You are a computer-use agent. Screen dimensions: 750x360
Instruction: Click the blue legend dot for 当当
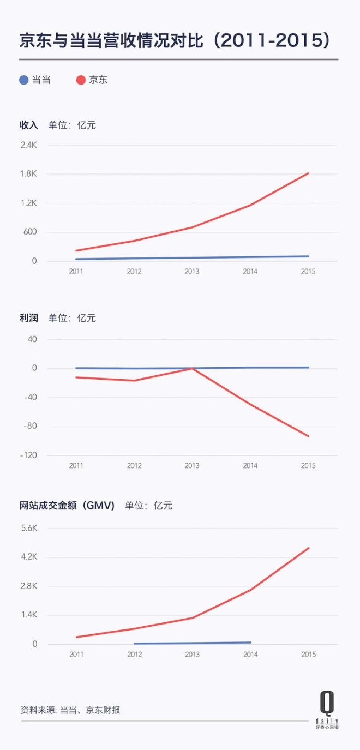(x=23, y=80)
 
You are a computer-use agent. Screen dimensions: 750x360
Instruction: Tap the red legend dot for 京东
(x=81, y=80)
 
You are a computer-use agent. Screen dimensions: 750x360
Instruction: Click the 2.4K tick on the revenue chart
(x=28, y=145)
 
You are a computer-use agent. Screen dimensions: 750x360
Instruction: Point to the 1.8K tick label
(x=28, y=174)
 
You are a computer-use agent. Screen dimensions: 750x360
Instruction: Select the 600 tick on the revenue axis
(x=30, y=232)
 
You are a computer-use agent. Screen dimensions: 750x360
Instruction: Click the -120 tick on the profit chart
(x=27, y=455)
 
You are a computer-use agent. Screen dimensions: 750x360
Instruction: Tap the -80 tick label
(x=29, y=426)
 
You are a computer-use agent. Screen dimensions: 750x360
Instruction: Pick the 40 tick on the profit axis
(x=32, y=339)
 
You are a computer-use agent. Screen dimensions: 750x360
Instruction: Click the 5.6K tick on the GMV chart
(x=28, y=528)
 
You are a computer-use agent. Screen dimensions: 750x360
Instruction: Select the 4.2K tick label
(x=28, y=557)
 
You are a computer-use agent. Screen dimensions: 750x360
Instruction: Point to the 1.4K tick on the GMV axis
(x=28, y=615)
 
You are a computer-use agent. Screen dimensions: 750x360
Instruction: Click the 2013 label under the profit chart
(x=192, y=466)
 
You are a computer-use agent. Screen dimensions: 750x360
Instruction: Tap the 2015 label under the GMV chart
(x=308, y=655)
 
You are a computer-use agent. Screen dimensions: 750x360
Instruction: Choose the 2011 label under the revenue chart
(x=76, y=272)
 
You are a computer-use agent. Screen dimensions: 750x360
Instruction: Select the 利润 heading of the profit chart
(x=29, y=318)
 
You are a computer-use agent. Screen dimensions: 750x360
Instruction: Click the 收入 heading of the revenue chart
(x=29, y=125)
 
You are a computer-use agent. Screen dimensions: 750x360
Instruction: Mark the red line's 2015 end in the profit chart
(x=309, y=436)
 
